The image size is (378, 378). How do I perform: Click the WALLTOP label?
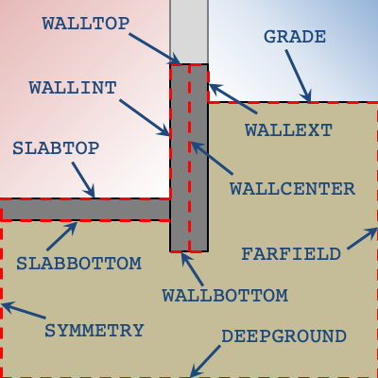click(86, 24)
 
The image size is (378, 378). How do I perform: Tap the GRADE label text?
click(295, 37)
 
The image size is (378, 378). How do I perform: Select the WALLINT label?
click(73, 88)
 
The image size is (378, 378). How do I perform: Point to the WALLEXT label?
click(288, 129)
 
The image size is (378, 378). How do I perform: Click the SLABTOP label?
click(56, 148)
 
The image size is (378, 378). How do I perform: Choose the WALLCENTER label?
click(292, 189)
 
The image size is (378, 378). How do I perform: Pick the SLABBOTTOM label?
click(78, 264)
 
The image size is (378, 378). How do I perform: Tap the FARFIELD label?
click(291, 254)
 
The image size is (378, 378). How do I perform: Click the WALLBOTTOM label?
click(225, 296)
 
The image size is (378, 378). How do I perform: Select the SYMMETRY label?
click(94, 331)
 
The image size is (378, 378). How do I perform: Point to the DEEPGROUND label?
click(283, 336)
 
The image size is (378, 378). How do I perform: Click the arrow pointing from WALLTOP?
click(155, 48)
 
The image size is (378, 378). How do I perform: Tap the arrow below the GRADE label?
click(299, 76)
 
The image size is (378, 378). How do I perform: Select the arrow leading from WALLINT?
click(145, 118)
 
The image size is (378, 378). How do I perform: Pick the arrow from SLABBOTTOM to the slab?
click(62, 236)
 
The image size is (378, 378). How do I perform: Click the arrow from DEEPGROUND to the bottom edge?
click(205, 361)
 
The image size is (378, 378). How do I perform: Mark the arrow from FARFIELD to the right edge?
click(363, 238)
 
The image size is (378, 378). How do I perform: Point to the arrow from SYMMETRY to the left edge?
click(24, 310)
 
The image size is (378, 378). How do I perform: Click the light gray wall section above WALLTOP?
click(189, 31)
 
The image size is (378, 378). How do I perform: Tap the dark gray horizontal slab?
click(85, 210)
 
